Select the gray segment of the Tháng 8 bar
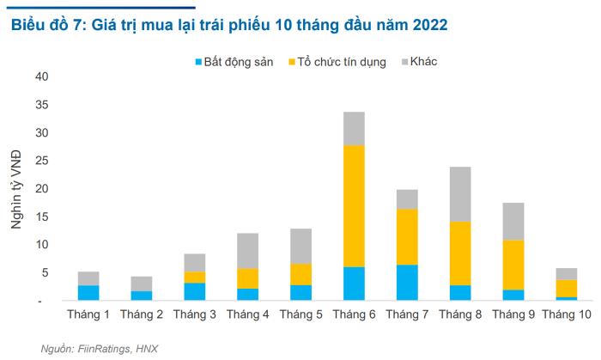(461, 193)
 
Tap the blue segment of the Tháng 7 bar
(408, 283)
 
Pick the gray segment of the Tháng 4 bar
(248, 250)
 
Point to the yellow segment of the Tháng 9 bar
(513, 265)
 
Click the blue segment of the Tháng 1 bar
(88, 293)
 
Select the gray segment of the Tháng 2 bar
(142, 284)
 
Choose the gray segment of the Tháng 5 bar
(301, 246)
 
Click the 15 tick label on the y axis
(43, 217)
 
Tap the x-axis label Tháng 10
(567, 316)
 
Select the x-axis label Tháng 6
(354, 316)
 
